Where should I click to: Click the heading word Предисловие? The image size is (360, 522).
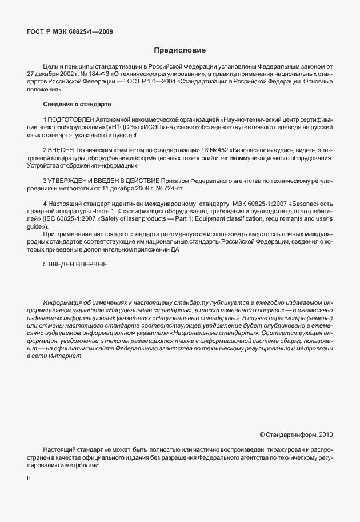(179, 50)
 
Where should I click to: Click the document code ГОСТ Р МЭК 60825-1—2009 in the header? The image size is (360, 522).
(70, 31)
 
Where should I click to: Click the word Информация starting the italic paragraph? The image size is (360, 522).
(61, 302)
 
